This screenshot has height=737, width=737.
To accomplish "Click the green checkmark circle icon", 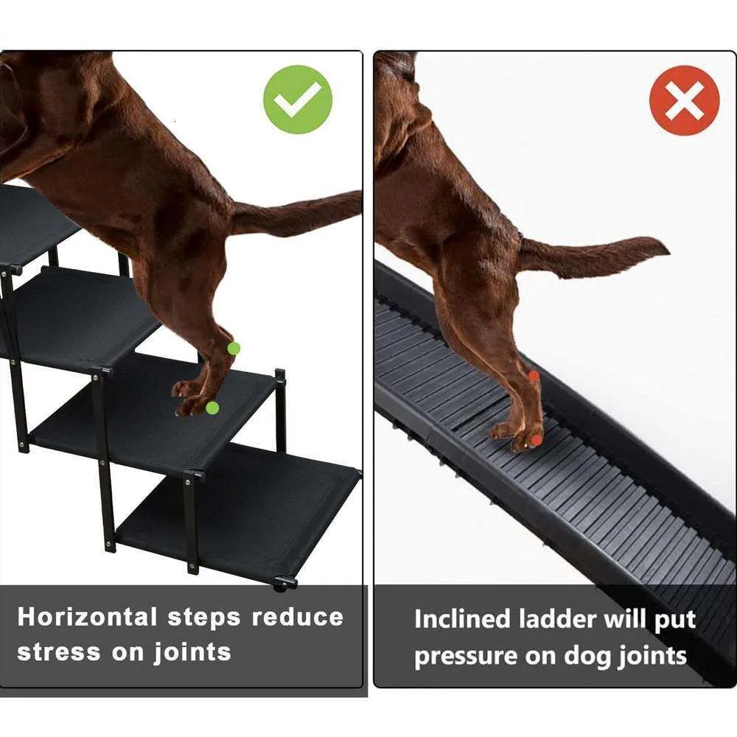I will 298,99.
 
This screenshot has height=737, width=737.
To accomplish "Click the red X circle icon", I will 684,100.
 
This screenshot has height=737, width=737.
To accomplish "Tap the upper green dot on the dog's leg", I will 234,348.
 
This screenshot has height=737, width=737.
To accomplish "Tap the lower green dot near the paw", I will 212,408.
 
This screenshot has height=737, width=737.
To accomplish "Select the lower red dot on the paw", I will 537,439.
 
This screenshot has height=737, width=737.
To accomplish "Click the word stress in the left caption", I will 60,652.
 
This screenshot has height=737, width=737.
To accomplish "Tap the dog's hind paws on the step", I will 193,399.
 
